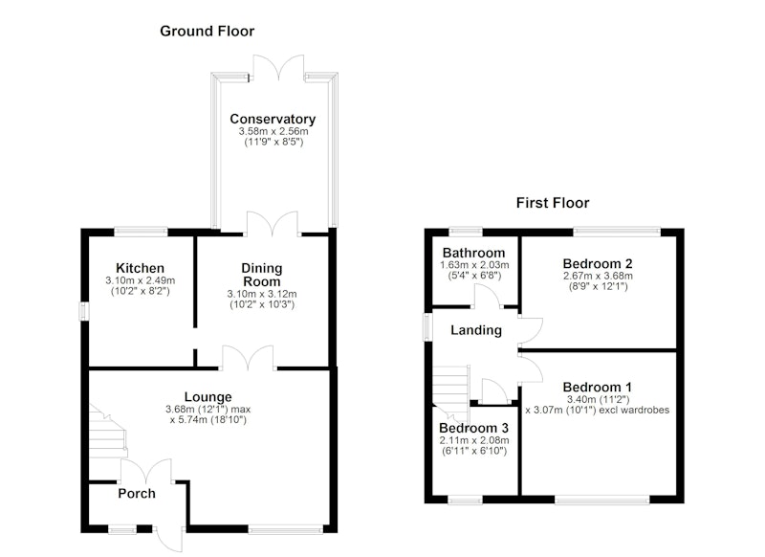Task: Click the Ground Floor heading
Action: click(207, 32)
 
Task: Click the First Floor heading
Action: click(553, 203)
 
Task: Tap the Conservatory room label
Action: click(273, 119)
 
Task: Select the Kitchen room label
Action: click(140, 268)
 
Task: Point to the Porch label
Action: click(137, 494)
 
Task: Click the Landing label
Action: click(476, 330)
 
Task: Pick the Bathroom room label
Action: click(473, 253)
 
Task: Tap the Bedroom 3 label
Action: click(473, 428)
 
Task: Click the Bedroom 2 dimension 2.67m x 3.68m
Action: click(599, 276)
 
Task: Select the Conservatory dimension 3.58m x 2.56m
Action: click(273, 131)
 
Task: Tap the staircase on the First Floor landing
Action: click(450, 391)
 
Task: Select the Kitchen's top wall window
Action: click(141, 232)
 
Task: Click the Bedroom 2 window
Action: click(617, 232)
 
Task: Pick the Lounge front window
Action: click(285, 528)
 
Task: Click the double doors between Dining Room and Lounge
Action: click(249, 358)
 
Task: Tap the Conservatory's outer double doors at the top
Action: click(278, 68)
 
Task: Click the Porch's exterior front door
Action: click(170, 540)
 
